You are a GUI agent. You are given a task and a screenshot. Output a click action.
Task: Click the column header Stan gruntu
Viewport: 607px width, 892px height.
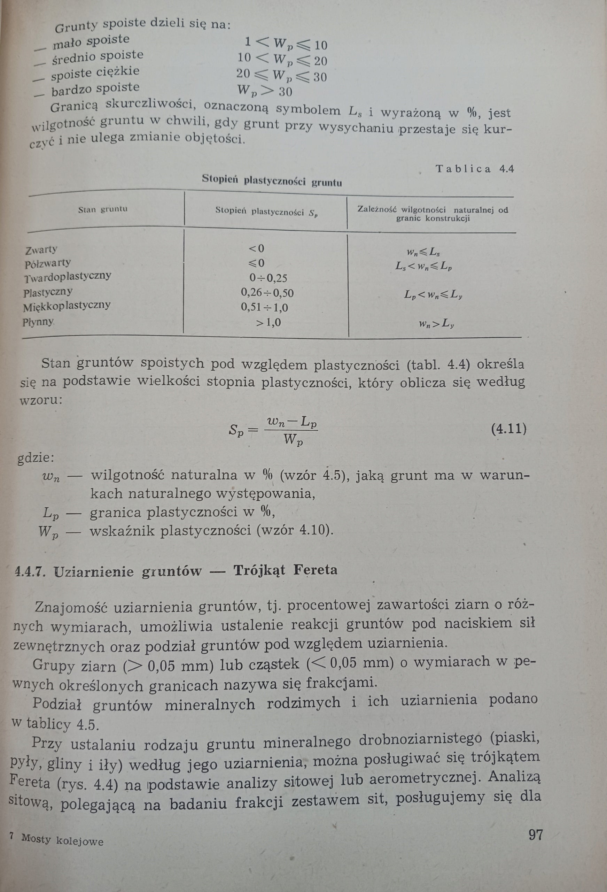(103, 209)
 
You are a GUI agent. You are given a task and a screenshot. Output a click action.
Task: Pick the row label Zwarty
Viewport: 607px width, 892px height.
(41, 250)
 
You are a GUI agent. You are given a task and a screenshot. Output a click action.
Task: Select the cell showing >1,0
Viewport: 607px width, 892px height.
(269, 323)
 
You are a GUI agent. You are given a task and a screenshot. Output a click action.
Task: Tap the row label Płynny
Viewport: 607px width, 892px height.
(38, 322)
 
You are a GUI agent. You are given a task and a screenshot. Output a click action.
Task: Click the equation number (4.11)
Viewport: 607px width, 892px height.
(508, 428)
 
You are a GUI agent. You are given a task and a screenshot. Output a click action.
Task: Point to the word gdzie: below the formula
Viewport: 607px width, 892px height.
(36, 458)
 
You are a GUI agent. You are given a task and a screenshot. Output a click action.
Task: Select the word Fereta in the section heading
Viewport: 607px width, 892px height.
(316, 570)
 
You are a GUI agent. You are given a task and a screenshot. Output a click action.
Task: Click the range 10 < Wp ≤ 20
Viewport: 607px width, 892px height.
(282, 60)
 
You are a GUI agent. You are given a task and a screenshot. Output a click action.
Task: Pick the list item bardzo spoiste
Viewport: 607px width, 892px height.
(95, 90)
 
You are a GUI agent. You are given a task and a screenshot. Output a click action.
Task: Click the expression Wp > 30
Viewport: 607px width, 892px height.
(264, 91)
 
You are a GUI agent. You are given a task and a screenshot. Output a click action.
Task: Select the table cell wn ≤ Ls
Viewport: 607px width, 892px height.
(423, 252)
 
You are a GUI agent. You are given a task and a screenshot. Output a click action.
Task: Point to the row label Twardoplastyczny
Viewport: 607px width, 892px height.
(68, 277)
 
